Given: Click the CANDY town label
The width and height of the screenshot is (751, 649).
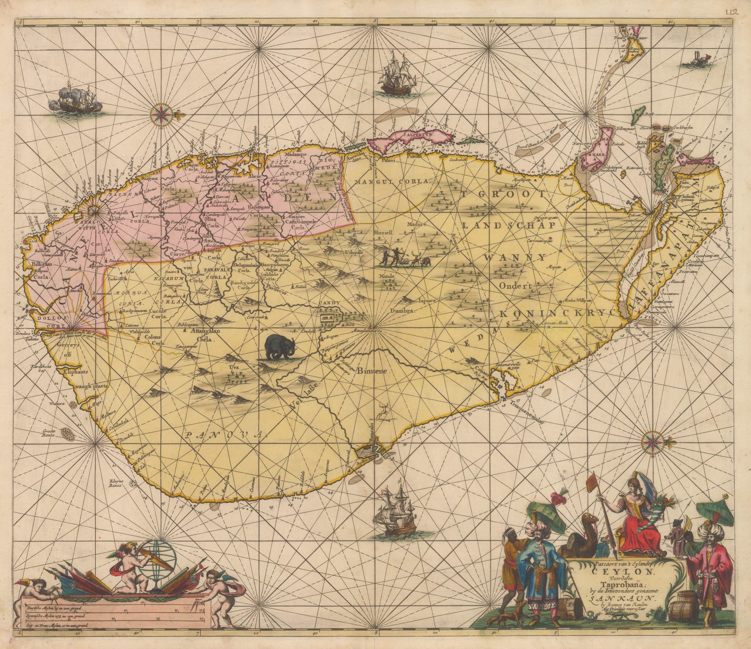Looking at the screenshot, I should coord(329,304).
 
